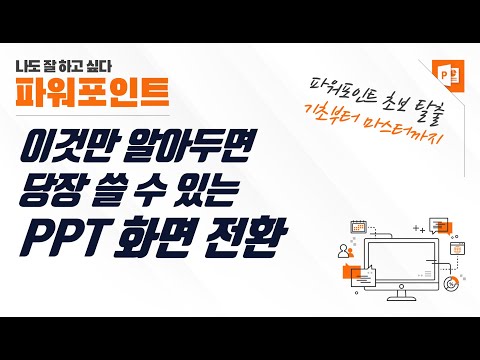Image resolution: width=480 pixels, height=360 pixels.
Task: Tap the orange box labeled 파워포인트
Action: pos(82,93)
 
